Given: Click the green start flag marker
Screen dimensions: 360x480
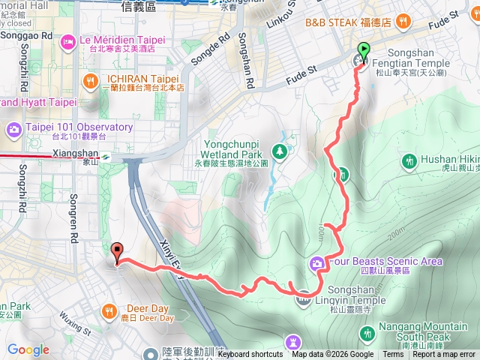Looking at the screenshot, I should click(x=364, y=52).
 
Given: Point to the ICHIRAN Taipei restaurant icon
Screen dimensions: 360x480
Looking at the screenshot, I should click(x=91, y=81).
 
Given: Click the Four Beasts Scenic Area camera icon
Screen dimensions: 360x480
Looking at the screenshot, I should click(x=316, y=262).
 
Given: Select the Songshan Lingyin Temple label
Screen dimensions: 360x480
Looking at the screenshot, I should click(x=352, y=301).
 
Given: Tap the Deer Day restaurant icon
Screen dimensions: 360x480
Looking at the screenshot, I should click(x=110, y=310).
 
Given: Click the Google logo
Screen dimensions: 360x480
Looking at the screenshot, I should click(x=28, y=349).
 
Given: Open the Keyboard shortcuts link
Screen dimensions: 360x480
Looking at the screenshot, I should click(x=246, y=355).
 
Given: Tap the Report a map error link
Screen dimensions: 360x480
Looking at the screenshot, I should click(x=444, y=355).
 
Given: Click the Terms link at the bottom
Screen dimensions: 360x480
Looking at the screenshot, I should click(x=393, y=355).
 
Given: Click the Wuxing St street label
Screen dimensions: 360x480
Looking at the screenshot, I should click(x=73, y=327).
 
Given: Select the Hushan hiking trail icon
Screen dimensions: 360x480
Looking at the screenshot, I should click(x=409, y=160).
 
